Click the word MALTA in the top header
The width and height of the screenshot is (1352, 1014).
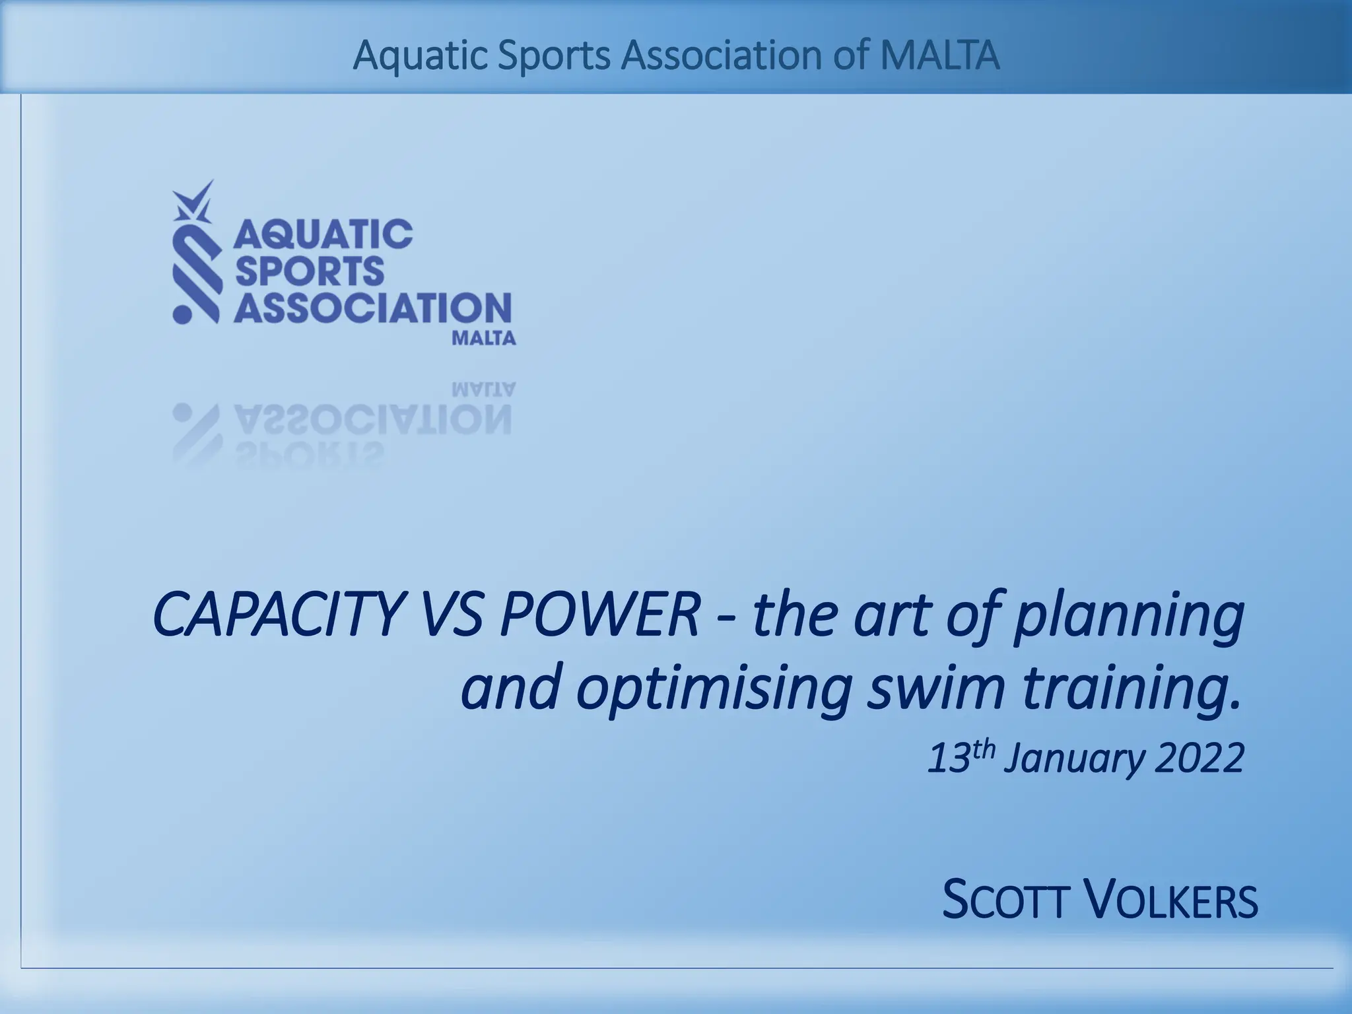[x=940, y=56]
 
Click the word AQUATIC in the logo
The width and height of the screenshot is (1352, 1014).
[x=323, y=234]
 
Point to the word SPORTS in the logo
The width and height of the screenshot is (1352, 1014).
[x=309, y=271]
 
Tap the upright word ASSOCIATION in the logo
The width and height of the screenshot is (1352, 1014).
[x=372, y=308]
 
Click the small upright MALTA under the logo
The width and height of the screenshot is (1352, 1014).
[x=483, y=339]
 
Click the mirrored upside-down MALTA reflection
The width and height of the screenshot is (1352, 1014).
[x=483, y=389]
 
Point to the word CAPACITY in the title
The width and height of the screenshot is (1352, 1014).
[x=277, y=615]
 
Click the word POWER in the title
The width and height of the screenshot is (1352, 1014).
[x=599, y=615]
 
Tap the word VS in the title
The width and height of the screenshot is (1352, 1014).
[x=451, y=615]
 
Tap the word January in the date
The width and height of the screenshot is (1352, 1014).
[x=1074, y=760]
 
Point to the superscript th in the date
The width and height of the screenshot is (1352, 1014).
[x=982, y=749]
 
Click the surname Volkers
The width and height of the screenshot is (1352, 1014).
[x=1171, y=900]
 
